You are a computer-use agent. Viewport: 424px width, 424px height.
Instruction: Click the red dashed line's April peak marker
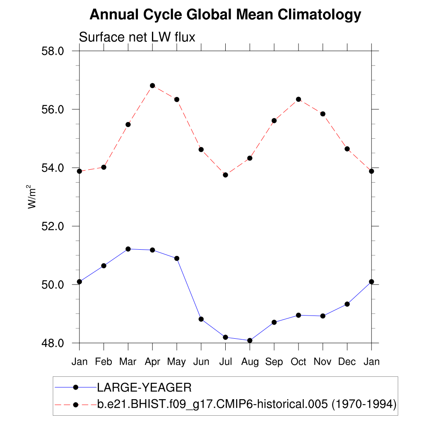(x=152, y=86)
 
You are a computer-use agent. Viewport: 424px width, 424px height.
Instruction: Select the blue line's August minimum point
(x=250, y=340)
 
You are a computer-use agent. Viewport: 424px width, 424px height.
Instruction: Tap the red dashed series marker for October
(x=298, y=99)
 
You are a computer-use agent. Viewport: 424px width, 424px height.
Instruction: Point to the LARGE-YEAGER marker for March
(x=128, y=249)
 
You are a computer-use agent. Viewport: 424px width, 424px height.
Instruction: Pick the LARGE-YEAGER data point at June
(x=201, y=319)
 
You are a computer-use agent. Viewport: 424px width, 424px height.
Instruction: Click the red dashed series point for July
(x=225, y=175)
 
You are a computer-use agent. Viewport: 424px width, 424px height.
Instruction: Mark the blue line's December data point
(x=347, y=304)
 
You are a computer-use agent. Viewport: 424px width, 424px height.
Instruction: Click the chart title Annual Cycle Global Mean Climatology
(x=225, y=15)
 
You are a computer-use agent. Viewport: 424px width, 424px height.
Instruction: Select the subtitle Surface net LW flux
(x=137, y=37)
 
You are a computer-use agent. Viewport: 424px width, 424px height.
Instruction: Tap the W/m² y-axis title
(x=32, y=197)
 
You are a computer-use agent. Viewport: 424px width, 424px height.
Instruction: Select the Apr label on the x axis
(x=152, y=361)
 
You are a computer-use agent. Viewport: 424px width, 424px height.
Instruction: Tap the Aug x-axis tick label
(x=250, y=361)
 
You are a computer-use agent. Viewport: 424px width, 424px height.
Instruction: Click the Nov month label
(x=323, y=361)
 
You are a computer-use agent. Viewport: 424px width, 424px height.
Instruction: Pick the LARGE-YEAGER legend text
(x=144, y=388)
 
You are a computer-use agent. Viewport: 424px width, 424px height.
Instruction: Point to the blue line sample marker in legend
(x=75, y=387)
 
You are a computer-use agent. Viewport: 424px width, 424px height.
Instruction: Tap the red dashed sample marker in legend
(x=75, y=404)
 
